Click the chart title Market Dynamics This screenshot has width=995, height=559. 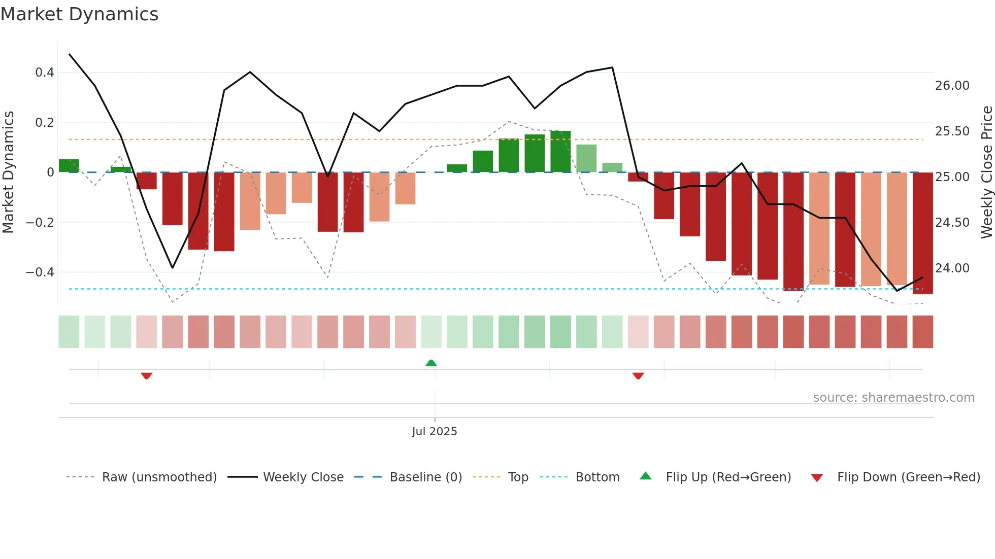[x=79, y=14]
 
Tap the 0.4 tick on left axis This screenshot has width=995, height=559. [x=45, y=73]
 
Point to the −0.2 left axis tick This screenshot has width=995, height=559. [x=40, y=222]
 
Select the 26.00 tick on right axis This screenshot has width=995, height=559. [x=952, y=86]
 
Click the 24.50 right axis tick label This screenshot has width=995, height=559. [x=952, y=223]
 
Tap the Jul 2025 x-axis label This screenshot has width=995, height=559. [x=435, y=432]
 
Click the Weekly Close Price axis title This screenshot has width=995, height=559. [x=987, y=172]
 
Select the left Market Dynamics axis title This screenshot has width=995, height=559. [x=8, y=172]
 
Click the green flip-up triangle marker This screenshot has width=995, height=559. [x=431, y=363]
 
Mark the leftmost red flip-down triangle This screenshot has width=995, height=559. [x=147, y=376]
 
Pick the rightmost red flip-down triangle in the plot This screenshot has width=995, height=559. [x=638, y=376]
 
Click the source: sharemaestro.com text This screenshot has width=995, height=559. [x=893, y=398]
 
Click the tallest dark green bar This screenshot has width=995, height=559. [x=560, y=151]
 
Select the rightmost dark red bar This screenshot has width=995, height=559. [x=922, y=233]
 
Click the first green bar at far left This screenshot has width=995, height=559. [x=69, y=165]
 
